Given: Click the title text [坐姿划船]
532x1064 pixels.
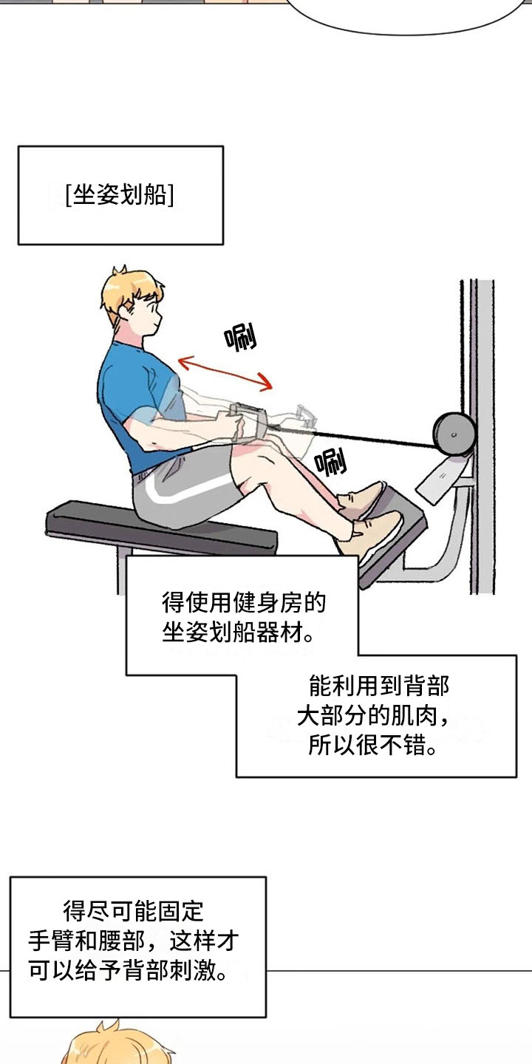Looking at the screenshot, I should pyautogui.click(x=120, y=196).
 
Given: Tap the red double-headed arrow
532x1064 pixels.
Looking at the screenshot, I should pyautogui.click(x=225, y=372).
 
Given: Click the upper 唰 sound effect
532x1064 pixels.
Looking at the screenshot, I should pyautogui.click(x=241, y=338).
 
